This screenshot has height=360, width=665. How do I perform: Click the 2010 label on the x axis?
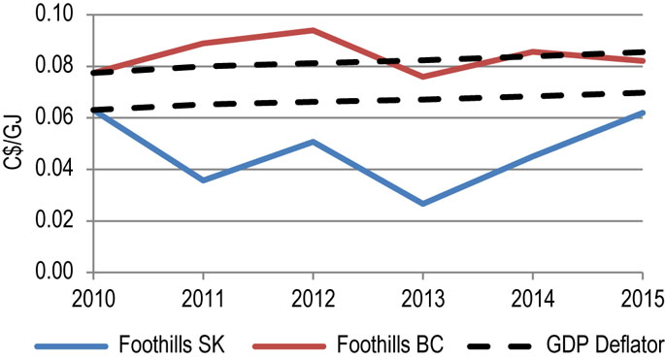tap(94, 294)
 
